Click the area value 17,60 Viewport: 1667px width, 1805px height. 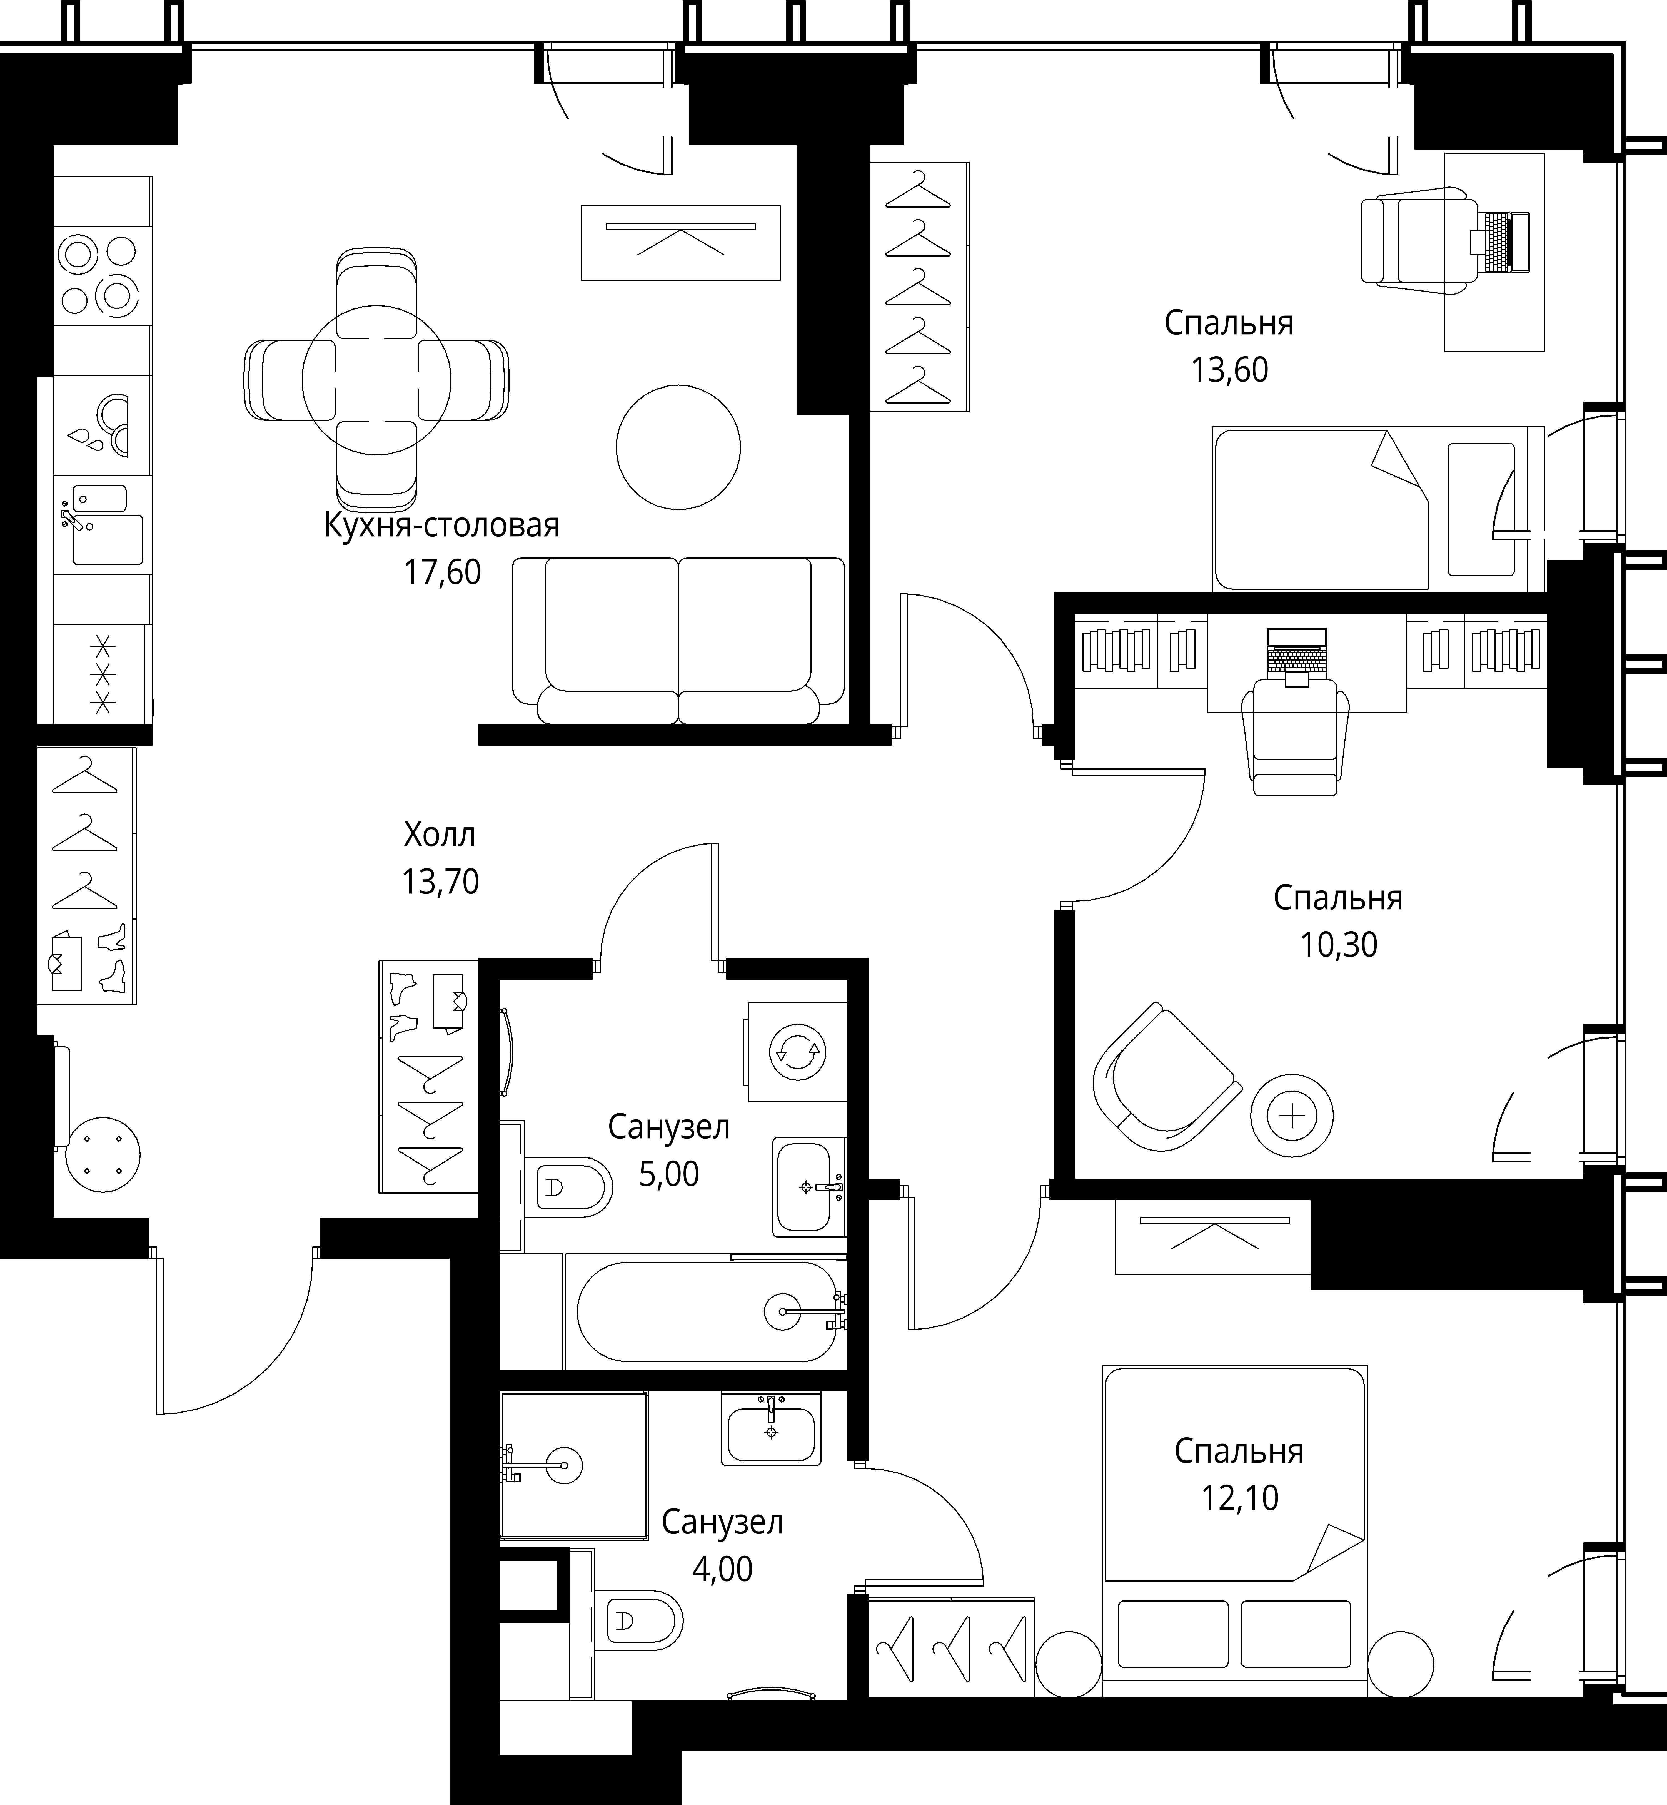tap(442, 572)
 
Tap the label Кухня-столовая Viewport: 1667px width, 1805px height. tap(442, 525)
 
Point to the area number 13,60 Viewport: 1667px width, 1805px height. tap(1229, 370)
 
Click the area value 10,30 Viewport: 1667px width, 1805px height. tap(1339, 944)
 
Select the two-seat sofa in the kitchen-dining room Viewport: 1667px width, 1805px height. tap(678, 641)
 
